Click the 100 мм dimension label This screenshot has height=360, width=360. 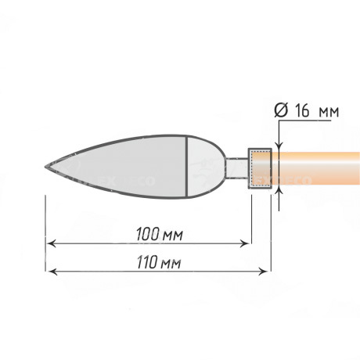[160, 234]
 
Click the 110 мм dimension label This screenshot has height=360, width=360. [159, 262]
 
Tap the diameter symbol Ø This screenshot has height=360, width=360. [281, 111]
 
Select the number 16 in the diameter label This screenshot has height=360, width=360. [302, 111]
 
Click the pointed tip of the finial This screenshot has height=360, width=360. [45, 167]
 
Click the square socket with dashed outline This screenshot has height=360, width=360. [260, 168]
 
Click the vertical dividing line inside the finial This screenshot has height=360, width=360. [187, 166]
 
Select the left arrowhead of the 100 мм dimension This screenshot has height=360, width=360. [51, 243]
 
